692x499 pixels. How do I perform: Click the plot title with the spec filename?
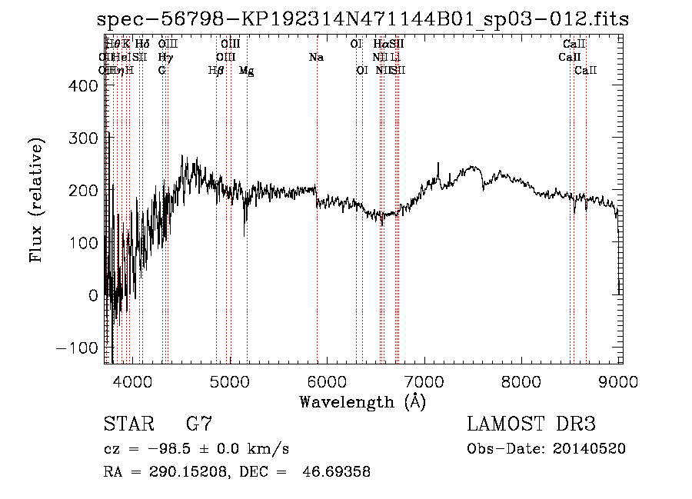(x=363, y=20)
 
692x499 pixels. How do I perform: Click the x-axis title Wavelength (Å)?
(x=362, y=401)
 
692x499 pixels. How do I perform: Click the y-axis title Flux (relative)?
(x=36, y=200)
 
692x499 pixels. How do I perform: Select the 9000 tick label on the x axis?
(x=621, y=381)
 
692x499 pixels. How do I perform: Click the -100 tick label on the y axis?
(x=79, y=348)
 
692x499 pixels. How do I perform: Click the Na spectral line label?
(x=316, y=58)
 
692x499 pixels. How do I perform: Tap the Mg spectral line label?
(x=246, y=71)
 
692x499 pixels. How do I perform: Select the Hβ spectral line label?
(x=216, y=71)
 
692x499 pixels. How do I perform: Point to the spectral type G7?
(x=199, y=424)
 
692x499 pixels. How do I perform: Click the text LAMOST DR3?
(x=531, y=424)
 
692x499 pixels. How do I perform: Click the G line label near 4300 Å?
(x=162, y=71)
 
